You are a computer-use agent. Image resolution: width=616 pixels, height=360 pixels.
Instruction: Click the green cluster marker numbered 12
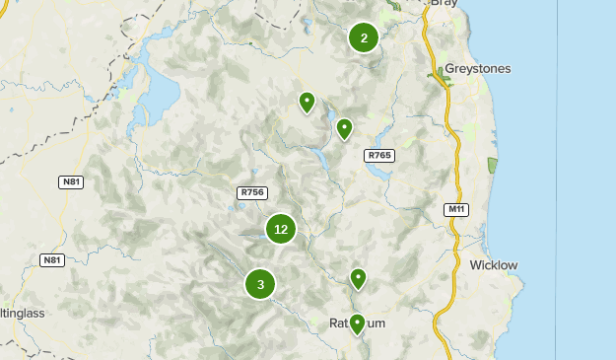281,229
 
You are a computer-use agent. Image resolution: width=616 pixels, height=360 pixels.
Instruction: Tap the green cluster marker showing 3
260,285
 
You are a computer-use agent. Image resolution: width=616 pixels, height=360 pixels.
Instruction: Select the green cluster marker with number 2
364,38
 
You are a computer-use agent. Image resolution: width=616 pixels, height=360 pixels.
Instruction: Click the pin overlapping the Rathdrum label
357,324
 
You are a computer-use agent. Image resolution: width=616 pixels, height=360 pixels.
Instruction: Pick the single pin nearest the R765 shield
345,128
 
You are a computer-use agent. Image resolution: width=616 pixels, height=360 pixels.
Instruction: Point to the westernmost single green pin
307,101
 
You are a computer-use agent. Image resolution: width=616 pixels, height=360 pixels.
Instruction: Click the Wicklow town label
493,265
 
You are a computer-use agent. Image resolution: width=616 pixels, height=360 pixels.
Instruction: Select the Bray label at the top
445,4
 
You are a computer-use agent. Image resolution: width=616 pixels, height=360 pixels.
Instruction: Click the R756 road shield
251,192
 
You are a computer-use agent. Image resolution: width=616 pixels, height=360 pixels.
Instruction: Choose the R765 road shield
378,156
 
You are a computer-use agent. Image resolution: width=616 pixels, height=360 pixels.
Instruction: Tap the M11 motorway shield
455,209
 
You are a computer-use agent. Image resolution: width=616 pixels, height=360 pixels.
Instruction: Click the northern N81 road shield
71,181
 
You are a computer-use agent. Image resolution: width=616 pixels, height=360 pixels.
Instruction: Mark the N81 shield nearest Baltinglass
51,260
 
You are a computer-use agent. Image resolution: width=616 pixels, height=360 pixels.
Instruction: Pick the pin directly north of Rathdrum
358,279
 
